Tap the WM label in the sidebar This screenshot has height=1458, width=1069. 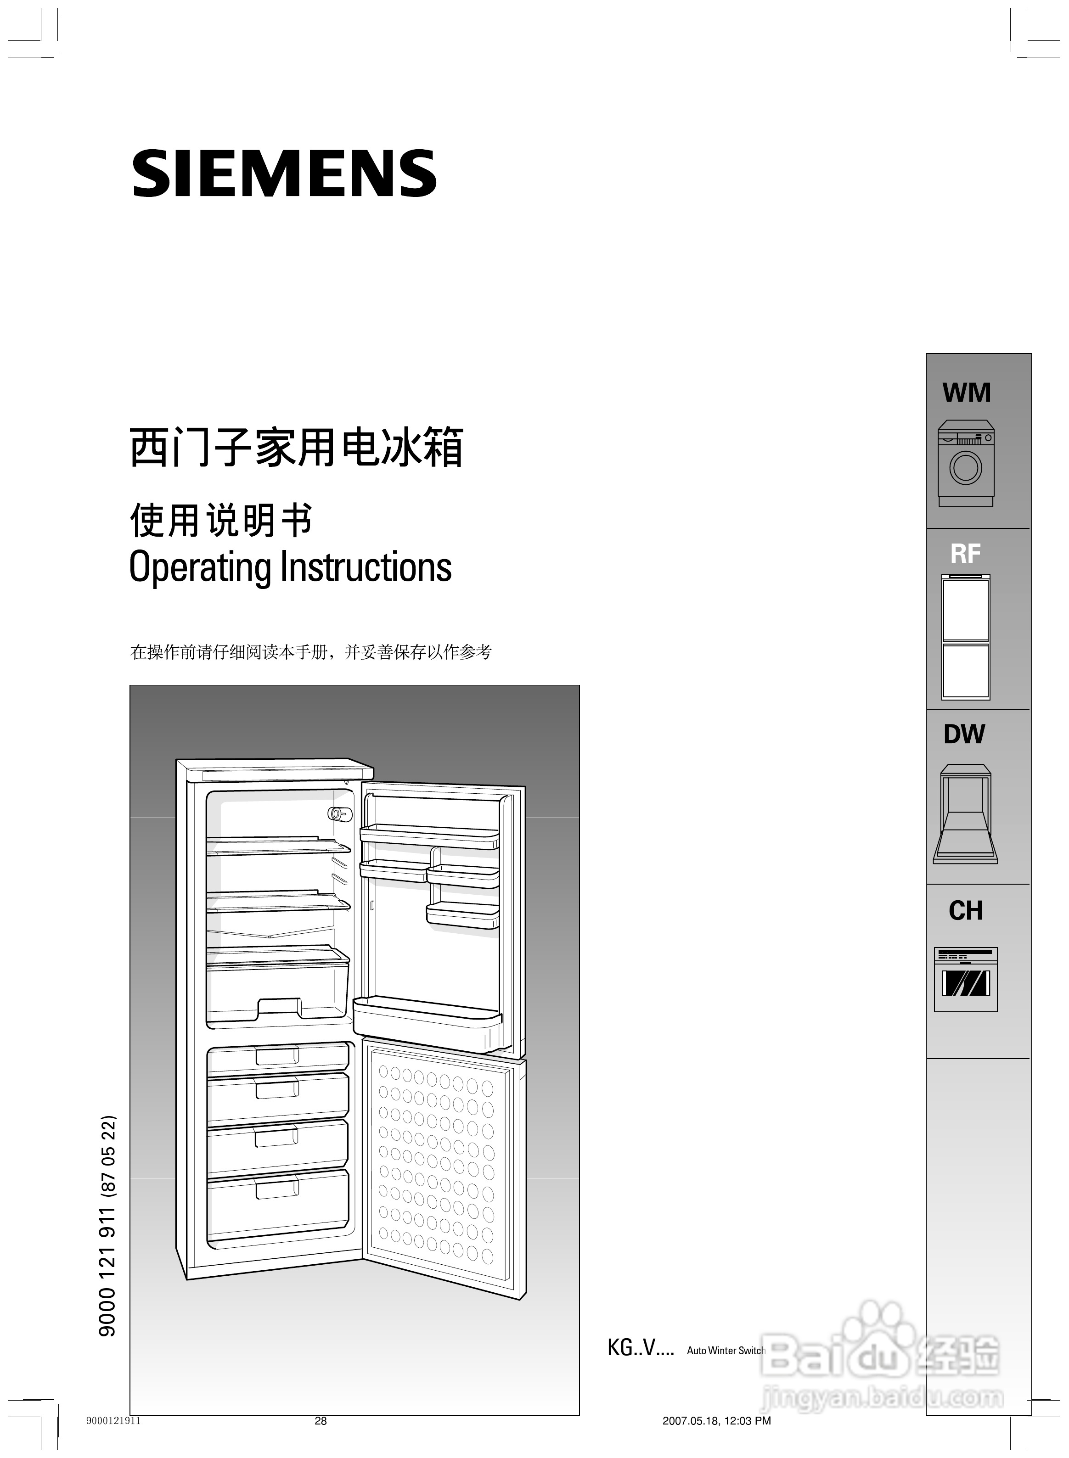point(966,393)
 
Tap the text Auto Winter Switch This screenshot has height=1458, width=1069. point(726,1351)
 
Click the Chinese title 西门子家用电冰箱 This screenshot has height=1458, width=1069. point(296,448)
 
